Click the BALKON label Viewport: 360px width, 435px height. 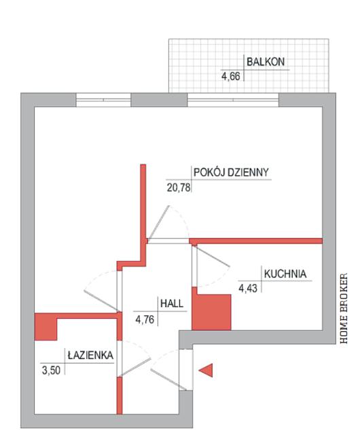point(266,62)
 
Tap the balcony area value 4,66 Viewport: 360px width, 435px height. point(230,76)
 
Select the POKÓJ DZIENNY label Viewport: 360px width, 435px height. point(231,172)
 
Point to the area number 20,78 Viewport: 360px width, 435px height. point(179,188)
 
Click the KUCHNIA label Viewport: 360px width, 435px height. point(285,274)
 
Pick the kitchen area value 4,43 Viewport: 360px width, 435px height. point(248,288)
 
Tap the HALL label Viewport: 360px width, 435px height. point(172,303)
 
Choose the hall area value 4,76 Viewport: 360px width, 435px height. point(145,319)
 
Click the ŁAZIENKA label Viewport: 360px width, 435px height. point(90,355)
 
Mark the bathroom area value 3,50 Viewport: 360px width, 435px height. point(51,370)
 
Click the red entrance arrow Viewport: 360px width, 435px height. point(206,370)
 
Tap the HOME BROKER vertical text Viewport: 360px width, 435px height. point(344,309)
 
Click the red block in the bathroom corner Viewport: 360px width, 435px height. point(46,326)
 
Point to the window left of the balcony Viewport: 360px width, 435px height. point(103,100)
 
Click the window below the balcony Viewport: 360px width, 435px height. point(233,100)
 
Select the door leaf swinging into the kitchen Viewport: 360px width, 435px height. point(213,256)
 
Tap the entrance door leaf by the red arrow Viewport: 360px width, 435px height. point(168,379)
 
